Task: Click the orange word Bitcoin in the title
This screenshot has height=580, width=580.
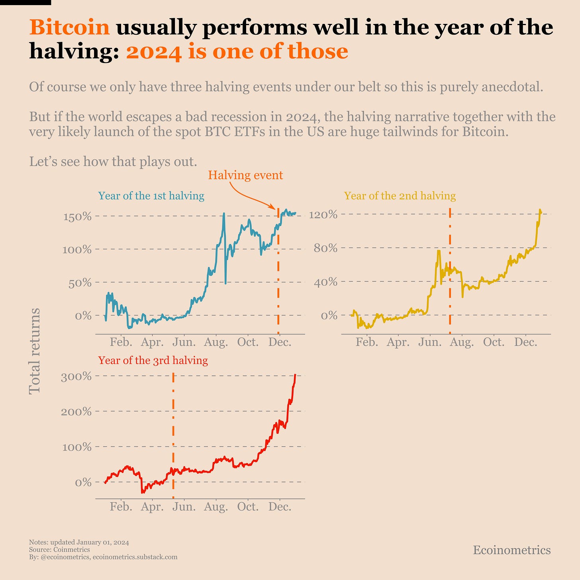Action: tap(69, 27)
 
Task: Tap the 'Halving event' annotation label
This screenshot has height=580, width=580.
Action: tap(245, 175)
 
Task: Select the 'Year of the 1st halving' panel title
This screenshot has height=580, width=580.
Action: tap(151, 196)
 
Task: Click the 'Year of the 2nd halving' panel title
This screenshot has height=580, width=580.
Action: tap(400, 196)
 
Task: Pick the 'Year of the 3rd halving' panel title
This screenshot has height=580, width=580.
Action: tap(153, 361)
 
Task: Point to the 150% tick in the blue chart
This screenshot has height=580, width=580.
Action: tap(77, 217)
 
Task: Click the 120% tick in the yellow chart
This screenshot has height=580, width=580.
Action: tap(323, 215)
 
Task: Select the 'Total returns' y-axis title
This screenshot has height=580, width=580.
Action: tap(35, 351)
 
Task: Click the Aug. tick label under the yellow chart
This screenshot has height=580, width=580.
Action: tap(462, 342)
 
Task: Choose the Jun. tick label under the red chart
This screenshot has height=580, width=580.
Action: tap(184, 507)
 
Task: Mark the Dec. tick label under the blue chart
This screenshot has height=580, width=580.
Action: tap(280, 342)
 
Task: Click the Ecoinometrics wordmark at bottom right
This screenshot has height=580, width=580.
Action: tap(511, 550)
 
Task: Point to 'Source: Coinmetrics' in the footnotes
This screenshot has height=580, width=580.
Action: tap(59, 550)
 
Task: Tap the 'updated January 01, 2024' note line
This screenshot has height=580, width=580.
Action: tap(79, 543)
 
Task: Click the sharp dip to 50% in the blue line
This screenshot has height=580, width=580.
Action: tap(225, 283)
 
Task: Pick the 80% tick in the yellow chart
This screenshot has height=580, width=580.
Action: tap(326, 249)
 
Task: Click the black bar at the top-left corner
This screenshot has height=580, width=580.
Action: tap(25, 2)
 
